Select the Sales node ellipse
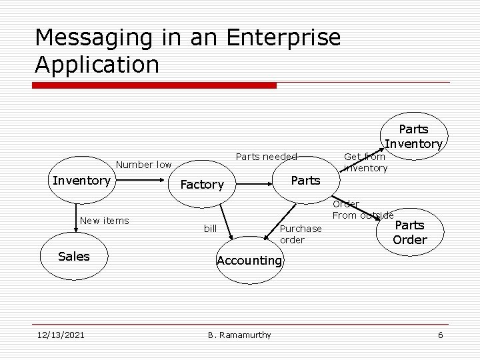(x=73, y=257)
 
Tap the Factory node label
(x=202, y=185)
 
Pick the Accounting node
(x=249, y=261)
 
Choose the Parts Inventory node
(x=414, y=136)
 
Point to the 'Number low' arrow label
(x=143, y=165)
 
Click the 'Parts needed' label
(x=267, y=157)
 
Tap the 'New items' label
(x=104, y=221)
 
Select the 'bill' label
(x=210, y=229)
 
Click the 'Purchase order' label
(x=301, y=234)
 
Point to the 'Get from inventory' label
(x=365, y=162)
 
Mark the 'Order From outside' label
(x=362, y=209)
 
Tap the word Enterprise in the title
(x=283, y=37)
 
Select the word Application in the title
(x=97, y=65)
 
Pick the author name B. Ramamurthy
(x=239, y=335)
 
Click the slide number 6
(x=440, y=335)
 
